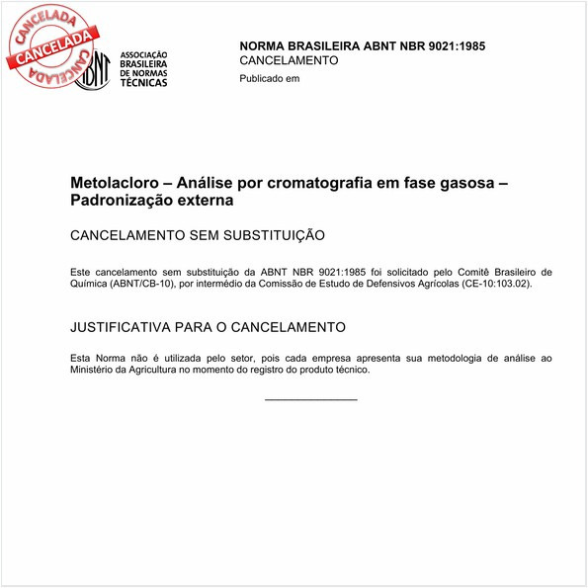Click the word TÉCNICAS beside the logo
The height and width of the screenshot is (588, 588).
143,83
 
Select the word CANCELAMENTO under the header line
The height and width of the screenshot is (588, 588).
289,60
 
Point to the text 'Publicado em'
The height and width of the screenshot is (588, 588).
270,79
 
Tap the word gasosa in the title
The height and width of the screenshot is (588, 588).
479,184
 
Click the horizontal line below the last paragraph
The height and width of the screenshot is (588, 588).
310,399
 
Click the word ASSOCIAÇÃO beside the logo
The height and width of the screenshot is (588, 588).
143,54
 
